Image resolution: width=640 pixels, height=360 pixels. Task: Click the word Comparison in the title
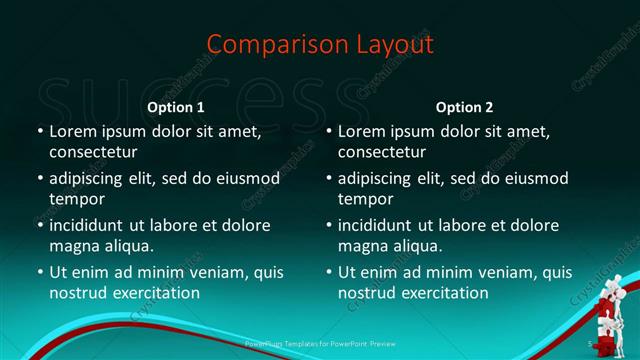coord(267,45)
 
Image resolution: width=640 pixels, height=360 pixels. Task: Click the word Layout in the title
coord(386,45)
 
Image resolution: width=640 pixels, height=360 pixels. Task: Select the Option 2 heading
coord(464,107)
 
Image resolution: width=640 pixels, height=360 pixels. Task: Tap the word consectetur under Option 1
coord(93,152)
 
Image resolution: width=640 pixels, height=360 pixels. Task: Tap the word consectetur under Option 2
coord(382,152)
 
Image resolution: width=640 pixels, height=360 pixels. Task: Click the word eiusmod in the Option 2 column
coord(532,178)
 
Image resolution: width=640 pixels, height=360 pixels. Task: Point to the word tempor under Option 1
coord(78,199)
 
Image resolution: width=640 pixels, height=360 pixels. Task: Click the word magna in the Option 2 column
coord(362,246)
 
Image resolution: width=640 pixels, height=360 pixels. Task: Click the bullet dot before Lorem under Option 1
coord(39,131)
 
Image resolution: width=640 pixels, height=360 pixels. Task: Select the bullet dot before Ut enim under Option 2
coord(328,272)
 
